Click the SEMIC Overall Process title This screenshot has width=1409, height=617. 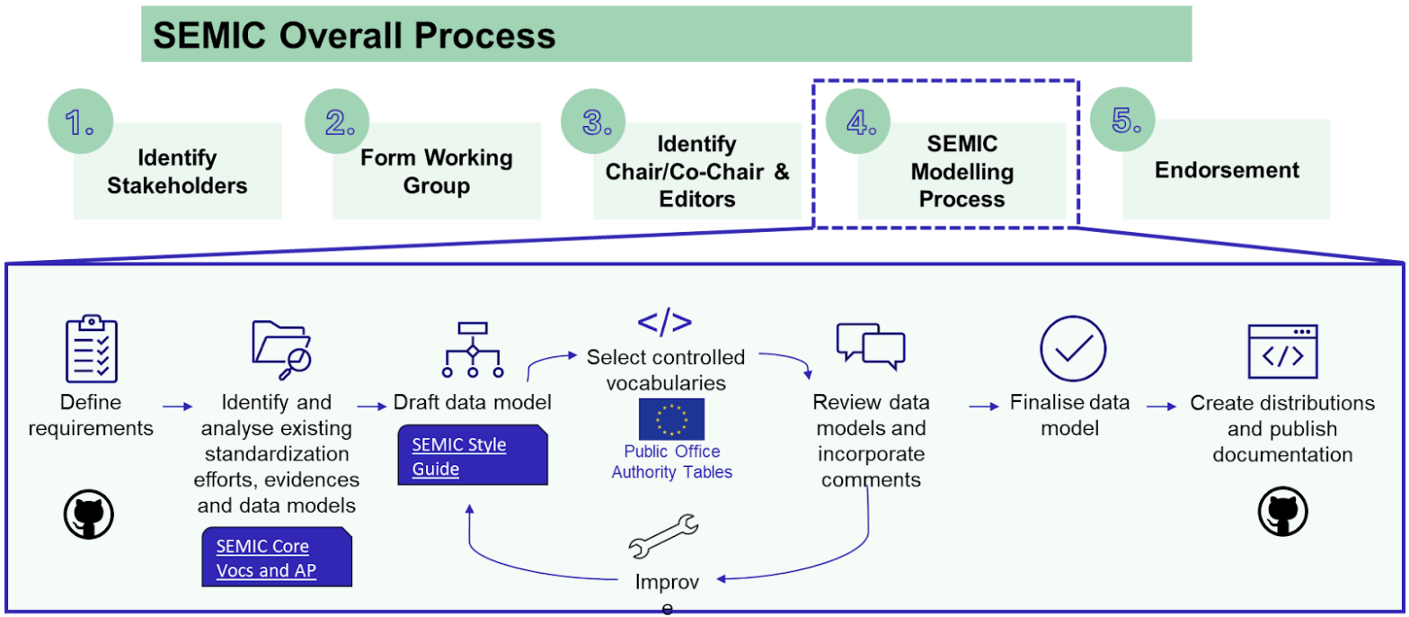[354, 35]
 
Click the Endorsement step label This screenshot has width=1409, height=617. [1227, 170]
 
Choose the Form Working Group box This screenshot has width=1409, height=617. [436, 172]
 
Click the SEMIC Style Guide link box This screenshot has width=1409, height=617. [473, 456]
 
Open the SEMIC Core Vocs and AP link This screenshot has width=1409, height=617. [275, 557]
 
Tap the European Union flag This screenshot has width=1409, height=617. [671, 418]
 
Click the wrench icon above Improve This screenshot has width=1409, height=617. [663, 537]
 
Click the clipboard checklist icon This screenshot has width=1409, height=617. [92, 350]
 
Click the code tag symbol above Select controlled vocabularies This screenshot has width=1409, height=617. [665, 323]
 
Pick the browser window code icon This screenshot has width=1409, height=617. [1282, 351]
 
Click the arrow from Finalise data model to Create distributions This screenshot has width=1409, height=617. [1161, 407]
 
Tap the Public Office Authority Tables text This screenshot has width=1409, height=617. [671, 461]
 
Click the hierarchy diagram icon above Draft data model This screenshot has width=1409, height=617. [473, 349]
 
